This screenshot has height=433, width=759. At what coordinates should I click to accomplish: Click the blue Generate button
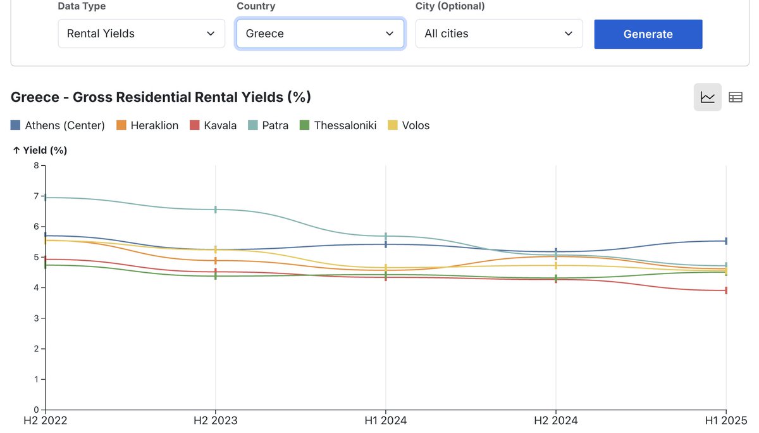[x=648, y=34]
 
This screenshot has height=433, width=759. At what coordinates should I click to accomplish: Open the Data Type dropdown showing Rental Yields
[x=141, y=34]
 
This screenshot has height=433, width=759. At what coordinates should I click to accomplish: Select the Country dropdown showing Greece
[x=319, y=34]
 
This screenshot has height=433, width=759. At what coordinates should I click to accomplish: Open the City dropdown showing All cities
[x=498, y=34]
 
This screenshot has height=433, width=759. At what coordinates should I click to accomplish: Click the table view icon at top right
[x=735, y=97]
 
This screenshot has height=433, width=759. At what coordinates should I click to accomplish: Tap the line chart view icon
[x=707, y=97]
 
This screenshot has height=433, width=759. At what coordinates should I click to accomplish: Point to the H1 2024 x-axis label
[x=386, y=420]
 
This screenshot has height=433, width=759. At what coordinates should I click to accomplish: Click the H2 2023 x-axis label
[x=216, y=420]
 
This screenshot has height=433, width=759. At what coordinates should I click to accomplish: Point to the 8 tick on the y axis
[x=36, y=165]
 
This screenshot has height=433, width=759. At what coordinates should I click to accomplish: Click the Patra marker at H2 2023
[x=216, y=210]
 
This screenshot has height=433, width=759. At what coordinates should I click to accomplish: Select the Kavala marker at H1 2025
[x=726, y=291]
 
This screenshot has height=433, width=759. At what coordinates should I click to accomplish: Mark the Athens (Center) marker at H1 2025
[x=726, y=241]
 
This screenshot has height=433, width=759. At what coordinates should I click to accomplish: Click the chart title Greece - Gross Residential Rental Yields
[x=161, y=97]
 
